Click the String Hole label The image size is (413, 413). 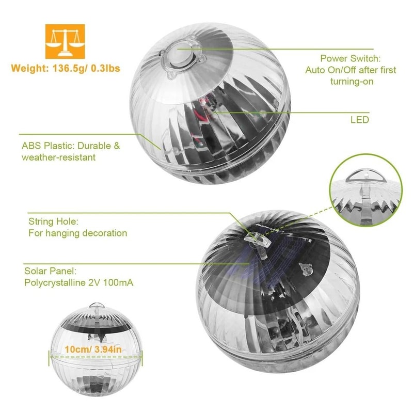coord(53,221)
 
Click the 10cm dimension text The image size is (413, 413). coord(75,350)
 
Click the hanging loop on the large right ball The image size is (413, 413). coord(256,239)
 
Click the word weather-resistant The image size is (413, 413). coord(58,157)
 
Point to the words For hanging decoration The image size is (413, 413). coord(77,233)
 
